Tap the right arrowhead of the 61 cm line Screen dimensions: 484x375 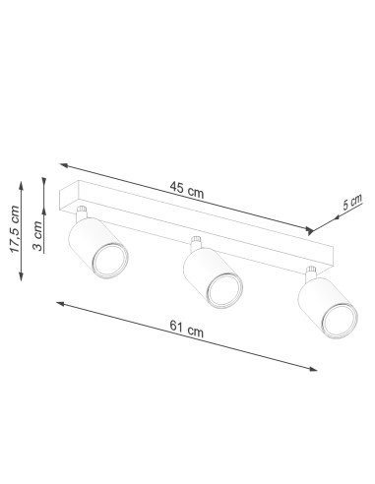(x=316, y=369)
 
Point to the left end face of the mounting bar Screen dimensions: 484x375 (x=66, y=198)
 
